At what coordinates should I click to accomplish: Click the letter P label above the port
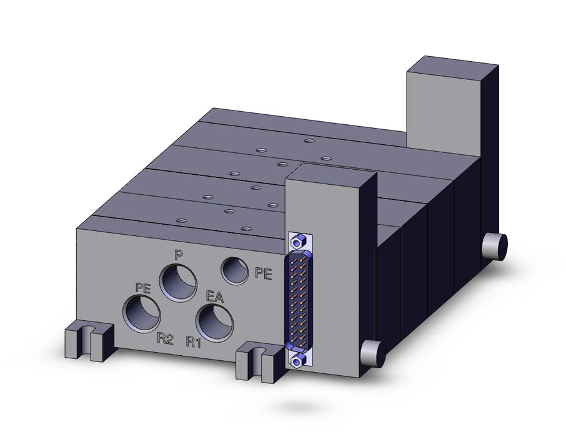tap(177, 255)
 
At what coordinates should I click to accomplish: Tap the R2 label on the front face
tap(166, 339)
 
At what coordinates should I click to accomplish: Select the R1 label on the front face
tap(194, 341)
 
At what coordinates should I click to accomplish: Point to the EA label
tap(215, 297)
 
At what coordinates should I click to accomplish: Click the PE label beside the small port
tap(264, 273)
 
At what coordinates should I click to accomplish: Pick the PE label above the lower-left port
tap(143, 288)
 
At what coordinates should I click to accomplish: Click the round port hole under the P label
tap(178, 283)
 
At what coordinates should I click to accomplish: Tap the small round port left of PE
tap(235, 271)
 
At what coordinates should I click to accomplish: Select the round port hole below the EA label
tap(214, 323)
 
